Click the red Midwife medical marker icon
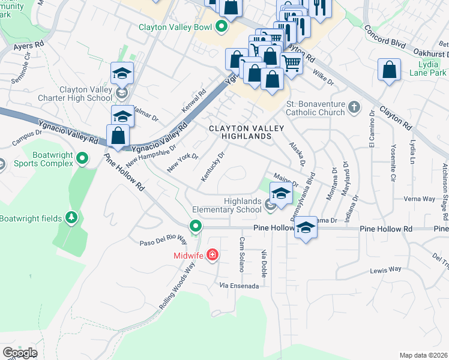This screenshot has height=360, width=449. point(212,256)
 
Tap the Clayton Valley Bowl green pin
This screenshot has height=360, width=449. point(221,26)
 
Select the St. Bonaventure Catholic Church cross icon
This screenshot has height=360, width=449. point(354,107)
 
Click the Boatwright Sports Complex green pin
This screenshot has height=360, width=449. point(83,158)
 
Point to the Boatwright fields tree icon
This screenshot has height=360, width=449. point(71,218)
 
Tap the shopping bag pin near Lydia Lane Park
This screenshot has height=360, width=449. point(390,70)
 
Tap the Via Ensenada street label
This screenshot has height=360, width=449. point(239,286)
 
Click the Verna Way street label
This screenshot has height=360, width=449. point(419,199)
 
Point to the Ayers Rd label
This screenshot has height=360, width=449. point(29,45)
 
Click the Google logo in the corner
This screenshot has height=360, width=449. point(20,352)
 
